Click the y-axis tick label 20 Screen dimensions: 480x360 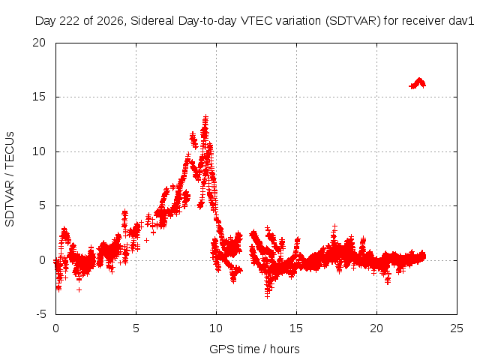(39, 43)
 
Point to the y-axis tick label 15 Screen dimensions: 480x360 (39, 97)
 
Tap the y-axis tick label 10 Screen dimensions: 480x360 (39, 151)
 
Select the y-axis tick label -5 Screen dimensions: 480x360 (40, 314)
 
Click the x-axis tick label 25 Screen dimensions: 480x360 (457, 328)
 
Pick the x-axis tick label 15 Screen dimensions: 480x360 (296, 328)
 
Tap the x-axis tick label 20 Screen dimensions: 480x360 (376, 328)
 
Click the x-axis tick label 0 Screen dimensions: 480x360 (55, 328)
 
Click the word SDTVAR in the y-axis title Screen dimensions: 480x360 (10, 203)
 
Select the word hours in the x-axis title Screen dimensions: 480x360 (285, 349)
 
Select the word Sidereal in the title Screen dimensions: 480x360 (152, 21)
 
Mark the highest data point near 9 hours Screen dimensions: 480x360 (205, 117)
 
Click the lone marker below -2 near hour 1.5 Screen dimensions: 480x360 (79, 289)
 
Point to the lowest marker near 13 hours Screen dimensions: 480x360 (267, 296)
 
